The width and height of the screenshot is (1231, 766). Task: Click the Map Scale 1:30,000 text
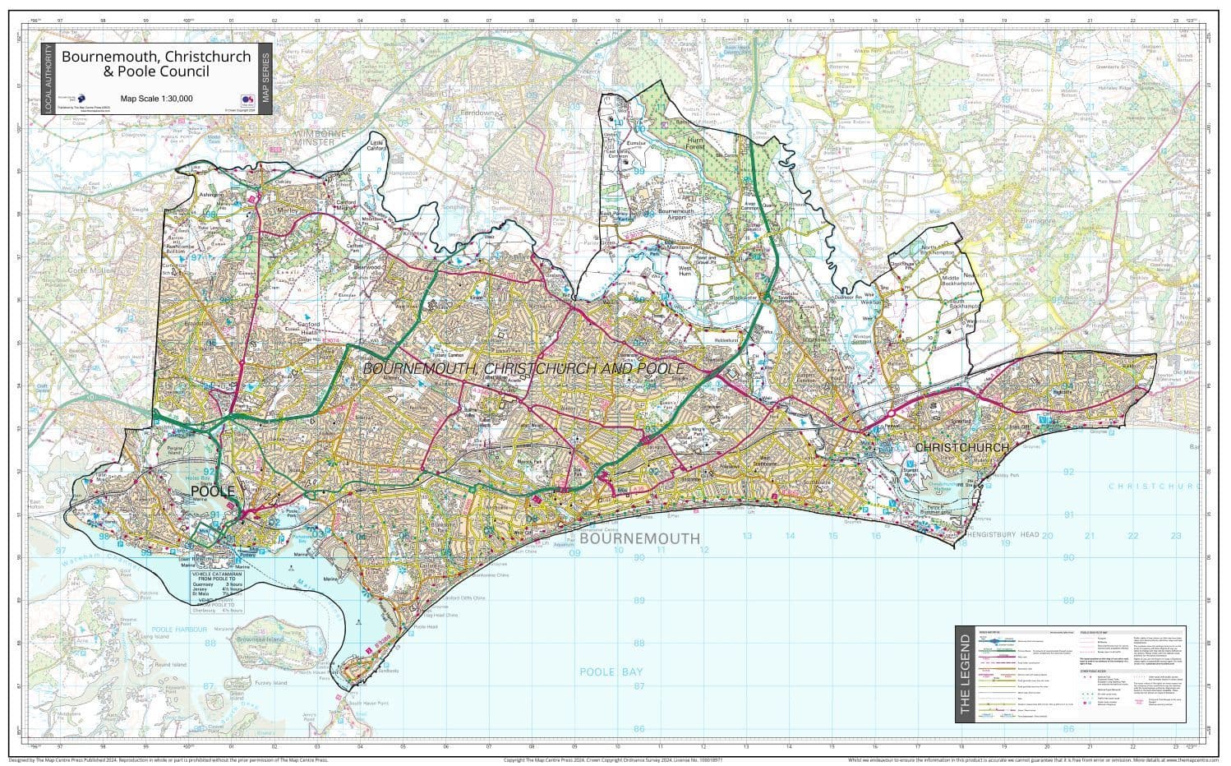[x=156, y=99]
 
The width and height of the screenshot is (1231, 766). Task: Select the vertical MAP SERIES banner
[x=265, y=79]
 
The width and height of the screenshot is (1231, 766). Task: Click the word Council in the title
[x=183, y=72]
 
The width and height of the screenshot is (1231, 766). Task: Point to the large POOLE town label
[x=212, y=491]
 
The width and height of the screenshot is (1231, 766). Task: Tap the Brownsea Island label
[x=267, y=639]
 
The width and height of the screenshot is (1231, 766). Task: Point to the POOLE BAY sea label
[x=611, y=671]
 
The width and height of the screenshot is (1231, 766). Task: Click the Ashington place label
[x=211, y=195]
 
